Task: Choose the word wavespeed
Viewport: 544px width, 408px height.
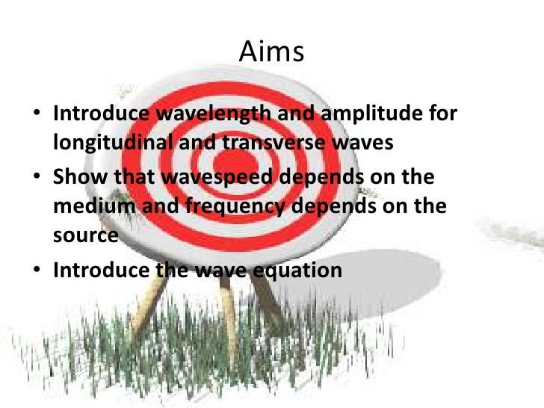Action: pos(196,176)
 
